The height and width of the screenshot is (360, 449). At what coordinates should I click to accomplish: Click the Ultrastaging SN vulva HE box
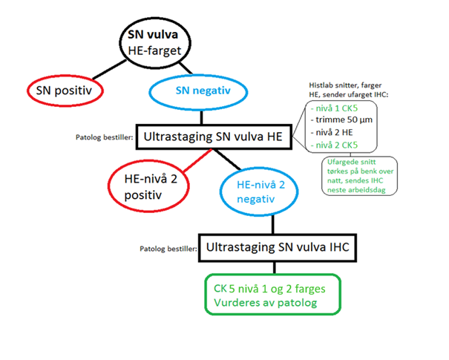coord(210,137)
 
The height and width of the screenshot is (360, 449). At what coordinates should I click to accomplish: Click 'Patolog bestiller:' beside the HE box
coord(104,137)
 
